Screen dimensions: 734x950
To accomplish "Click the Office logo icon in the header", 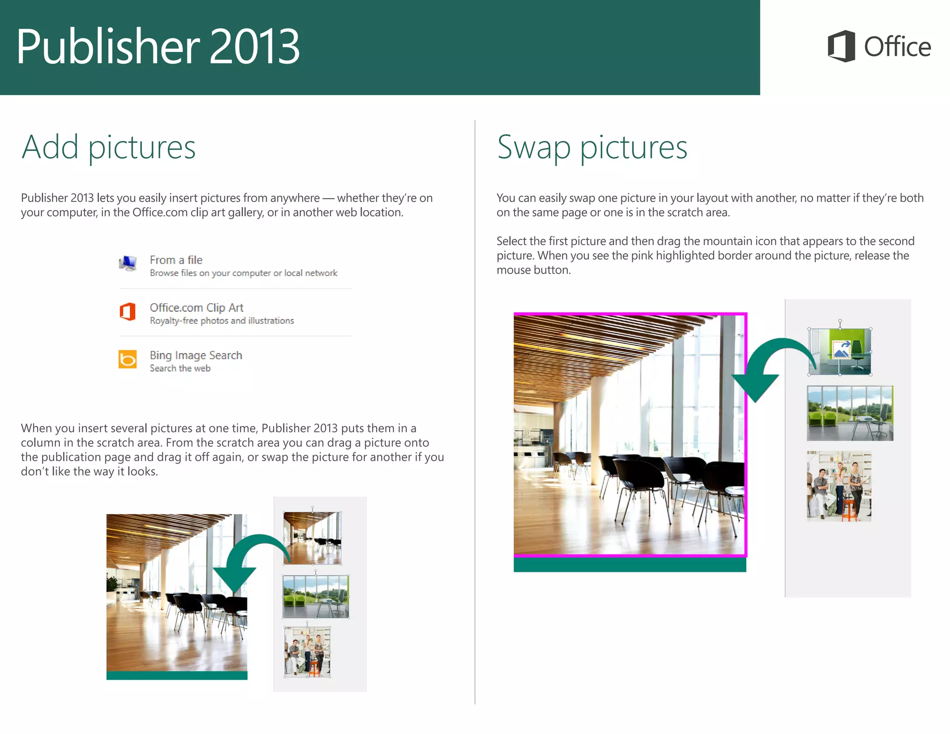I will click(x=841, y=46).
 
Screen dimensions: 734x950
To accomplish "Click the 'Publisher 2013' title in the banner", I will click(x=158, y=46).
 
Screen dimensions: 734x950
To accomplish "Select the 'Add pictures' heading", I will click(x=109, y=147).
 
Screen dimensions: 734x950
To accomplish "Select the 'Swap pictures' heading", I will click(x=592, y=147).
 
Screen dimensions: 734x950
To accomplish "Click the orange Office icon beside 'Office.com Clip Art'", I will click(x=128, y=311).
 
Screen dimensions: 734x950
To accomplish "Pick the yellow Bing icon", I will click(x=128, y=359).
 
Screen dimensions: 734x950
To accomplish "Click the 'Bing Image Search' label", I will click(x=196, y=355).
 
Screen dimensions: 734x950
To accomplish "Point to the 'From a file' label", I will click(x=176, y=260).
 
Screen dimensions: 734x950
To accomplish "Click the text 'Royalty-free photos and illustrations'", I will click(x=222, y=321).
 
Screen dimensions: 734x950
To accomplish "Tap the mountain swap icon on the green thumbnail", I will click(x=841, y=350).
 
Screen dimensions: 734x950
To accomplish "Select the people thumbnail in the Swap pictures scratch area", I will click(x=839, y=486).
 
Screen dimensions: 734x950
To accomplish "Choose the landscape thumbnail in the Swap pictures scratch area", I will click(x=850, y=413).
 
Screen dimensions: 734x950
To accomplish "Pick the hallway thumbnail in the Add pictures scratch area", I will click(x=312, y=538).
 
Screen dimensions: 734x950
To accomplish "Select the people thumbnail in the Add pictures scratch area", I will click(x=307, y=652).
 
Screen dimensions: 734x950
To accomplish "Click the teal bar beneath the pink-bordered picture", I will click(x=629, y=564).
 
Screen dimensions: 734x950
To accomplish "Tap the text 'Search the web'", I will click(x=180, y=368).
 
